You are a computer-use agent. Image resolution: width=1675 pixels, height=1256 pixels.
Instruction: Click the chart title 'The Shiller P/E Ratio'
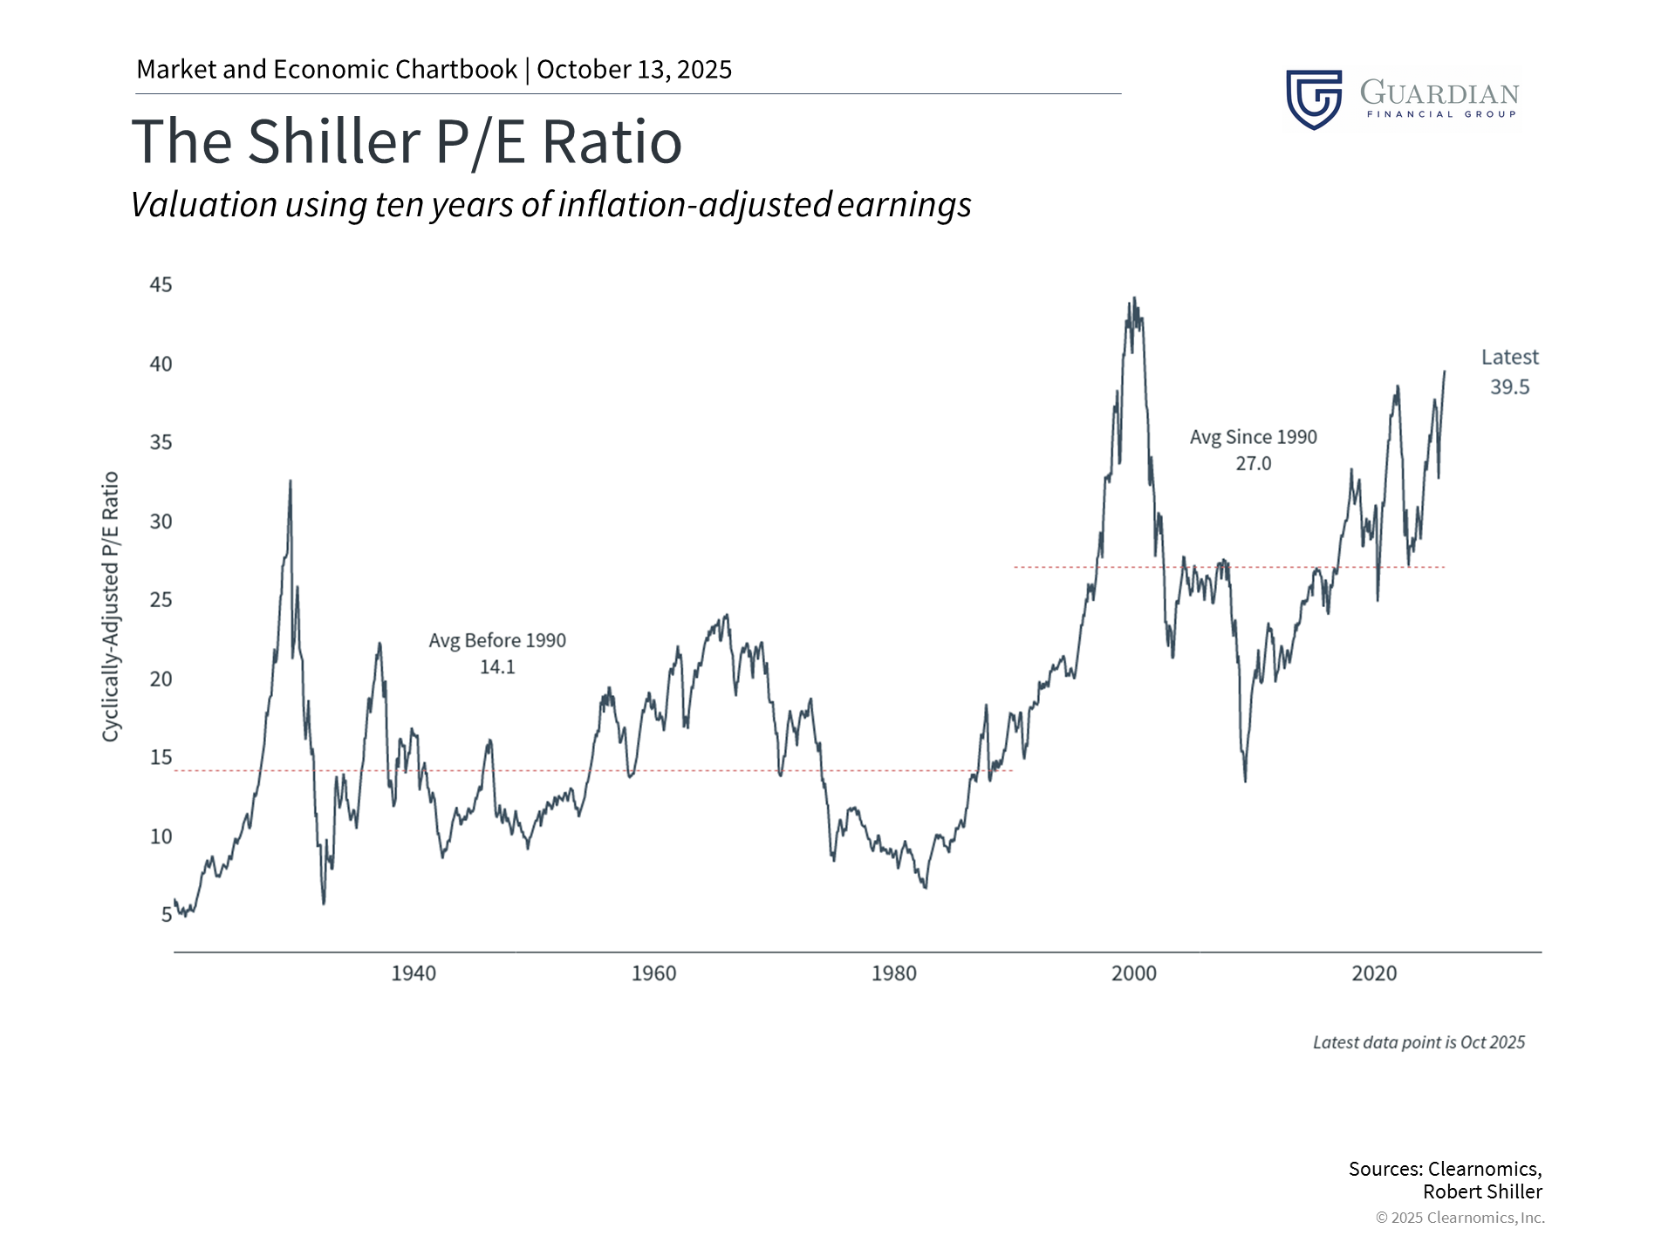(x=407, y=142)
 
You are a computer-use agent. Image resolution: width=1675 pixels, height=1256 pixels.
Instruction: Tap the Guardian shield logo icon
(x=1313, y=99)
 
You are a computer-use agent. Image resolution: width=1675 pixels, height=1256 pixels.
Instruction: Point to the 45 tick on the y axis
(x=161, y=285)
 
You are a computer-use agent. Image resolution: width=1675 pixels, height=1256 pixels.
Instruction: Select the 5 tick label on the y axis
(x=166, y=915)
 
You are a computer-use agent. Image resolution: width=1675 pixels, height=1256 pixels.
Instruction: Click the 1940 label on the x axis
(x=413, y=973)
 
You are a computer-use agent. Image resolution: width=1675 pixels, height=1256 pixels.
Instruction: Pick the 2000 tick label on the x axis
(x=1133, y=973)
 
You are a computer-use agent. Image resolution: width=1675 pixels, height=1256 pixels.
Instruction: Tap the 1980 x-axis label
(x=893, y=973)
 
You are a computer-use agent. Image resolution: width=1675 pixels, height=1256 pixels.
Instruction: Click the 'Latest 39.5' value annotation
(x=1509, y=372)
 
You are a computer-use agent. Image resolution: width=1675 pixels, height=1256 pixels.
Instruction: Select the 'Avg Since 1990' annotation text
(x=1253, y=438)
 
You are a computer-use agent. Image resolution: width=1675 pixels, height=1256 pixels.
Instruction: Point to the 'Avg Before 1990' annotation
(x=497, y=641)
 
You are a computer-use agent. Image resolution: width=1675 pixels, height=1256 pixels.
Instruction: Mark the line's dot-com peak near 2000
(x=1134, y=299)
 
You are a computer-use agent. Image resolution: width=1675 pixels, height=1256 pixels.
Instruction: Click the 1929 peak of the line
(x=291, y=481)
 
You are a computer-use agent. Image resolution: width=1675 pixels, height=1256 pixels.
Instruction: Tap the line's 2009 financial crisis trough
(x=1245, y=781)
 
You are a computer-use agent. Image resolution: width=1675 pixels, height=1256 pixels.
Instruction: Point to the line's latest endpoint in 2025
(x=1444, y=372)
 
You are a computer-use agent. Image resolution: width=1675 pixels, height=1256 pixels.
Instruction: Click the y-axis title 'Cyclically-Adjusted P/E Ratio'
(x=110, y=607)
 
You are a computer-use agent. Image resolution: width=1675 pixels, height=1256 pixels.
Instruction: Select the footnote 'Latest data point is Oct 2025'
(x=1419, y=1042)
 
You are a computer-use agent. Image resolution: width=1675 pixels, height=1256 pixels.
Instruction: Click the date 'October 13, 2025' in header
(x=634, y=70)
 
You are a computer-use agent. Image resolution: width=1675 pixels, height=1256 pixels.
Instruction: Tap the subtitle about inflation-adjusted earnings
(x=550, y=205)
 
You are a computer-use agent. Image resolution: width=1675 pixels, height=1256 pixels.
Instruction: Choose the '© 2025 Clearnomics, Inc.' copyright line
(x=1460, y=1218)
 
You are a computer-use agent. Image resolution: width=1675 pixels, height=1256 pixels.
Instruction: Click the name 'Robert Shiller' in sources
(x=1482, y=1192)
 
